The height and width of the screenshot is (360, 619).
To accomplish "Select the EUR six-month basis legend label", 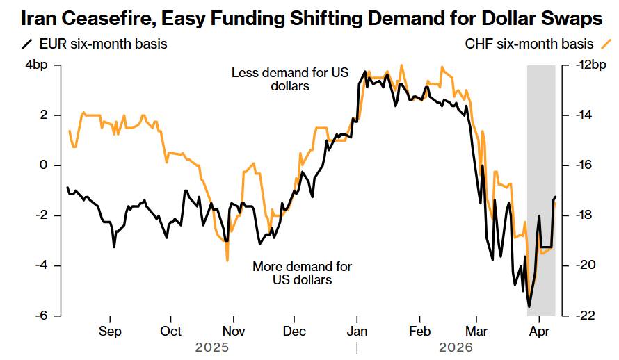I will pos(102,44).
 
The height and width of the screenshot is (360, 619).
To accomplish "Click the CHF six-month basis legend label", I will pos(520,44).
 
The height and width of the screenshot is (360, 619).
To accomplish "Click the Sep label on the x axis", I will pos(110,332).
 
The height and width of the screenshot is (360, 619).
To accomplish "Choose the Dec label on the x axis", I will pos(295,332).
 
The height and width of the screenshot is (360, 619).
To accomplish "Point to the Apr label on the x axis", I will pos(540,332).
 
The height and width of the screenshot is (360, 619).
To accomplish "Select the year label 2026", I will pos(456,346).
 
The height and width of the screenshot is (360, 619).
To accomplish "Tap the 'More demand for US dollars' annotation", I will pos(302,273).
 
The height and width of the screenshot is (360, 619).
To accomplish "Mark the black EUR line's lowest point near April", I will pos(529,306).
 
